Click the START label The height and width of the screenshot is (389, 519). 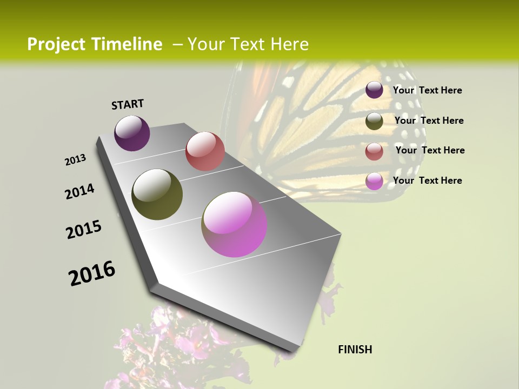(128, 104)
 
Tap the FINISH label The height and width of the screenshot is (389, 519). (355, 350)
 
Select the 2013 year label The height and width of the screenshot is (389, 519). (76, 160)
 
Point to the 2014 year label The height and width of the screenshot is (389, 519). (80, 191)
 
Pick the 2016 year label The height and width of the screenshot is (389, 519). (92, 273)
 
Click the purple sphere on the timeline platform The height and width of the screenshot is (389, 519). (132, 133)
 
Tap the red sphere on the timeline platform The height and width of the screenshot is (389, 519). (205, 151)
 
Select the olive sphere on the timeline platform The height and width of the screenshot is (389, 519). (157, 194)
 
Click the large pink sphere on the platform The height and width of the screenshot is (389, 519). (234, 224)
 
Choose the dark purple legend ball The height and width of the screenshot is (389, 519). (374, 90)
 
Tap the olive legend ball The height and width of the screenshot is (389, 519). (374, 121)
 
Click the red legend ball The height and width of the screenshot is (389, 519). (374, 151)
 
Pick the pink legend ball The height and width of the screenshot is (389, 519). (374, 181)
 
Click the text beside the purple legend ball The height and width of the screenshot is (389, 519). (427, 90)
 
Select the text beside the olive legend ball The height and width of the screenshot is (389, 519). (429, 120)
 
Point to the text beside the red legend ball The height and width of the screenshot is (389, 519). (430, 150)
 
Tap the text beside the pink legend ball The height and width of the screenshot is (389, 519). (427, 180)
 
